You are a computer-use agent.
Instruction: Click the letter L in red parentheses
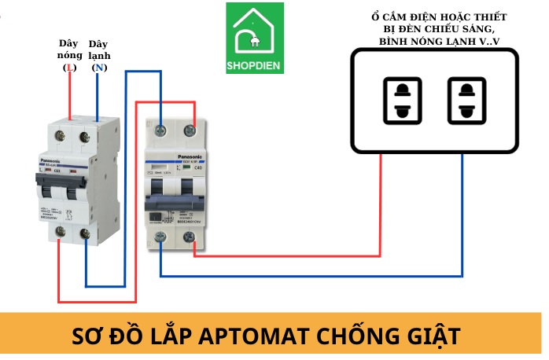70,68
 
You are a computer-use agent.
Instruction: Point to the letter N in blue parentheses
99,68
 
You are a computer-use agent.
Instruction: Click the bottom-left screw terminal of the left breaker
60,231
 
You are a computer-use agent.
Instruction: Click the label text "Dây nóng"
70,50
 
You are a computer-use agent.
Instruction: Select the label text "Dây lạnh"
99,50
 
